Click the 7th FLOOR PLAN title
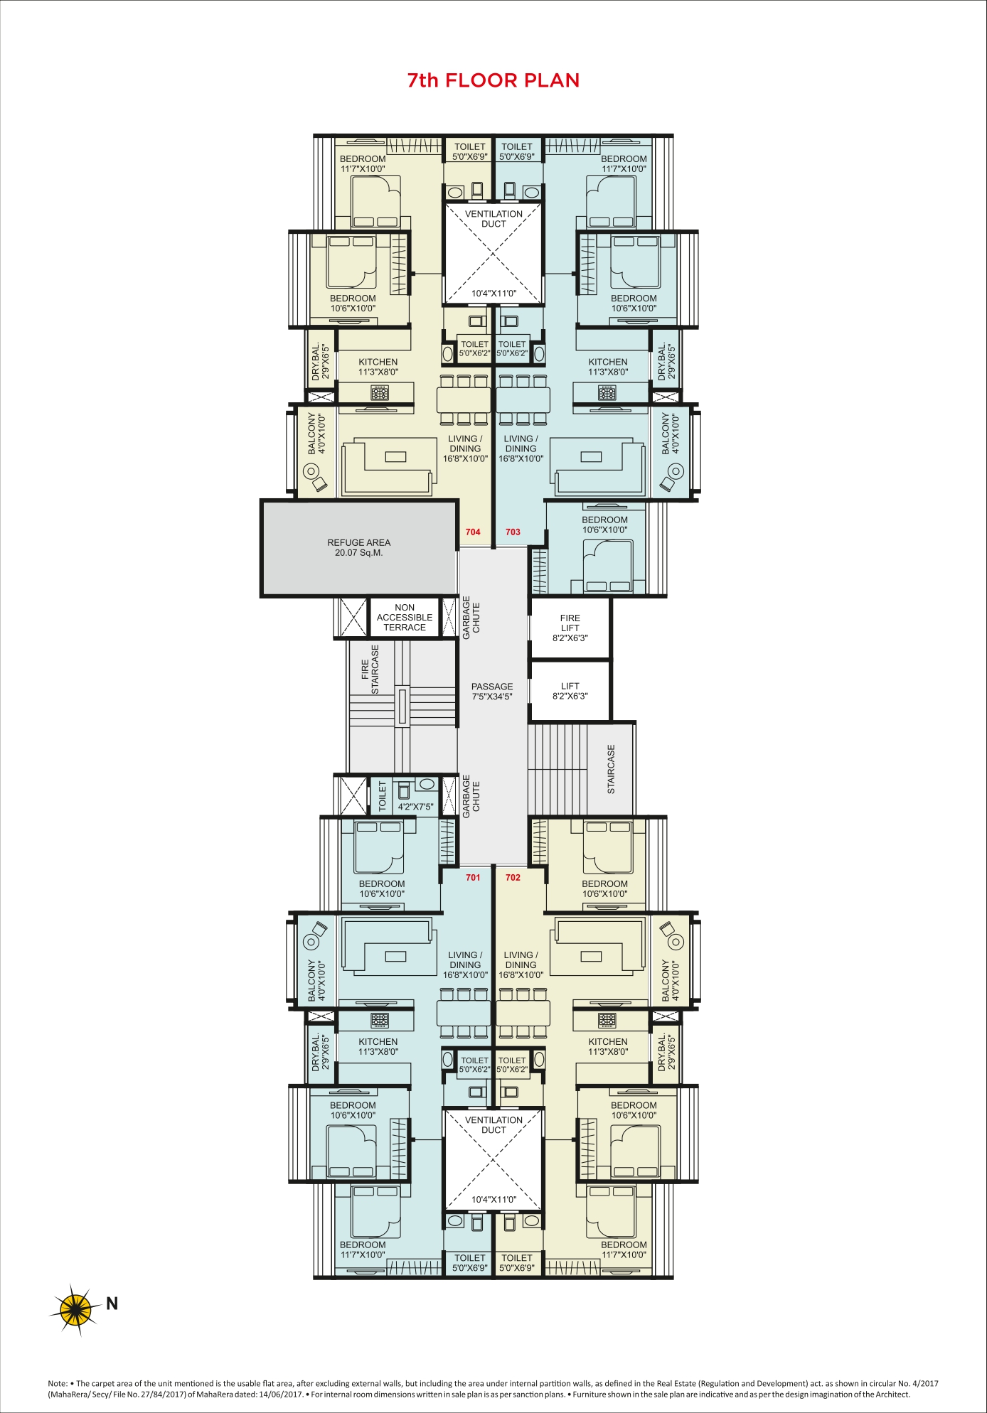pyautogui.click(x=493, y=80)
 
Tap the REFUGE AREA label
pyautogui.click(x=359, y=542)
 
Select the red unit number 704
pyautogui.click(x=473, y=532)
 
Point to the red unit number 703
pyautogui.click(x=513, y=532)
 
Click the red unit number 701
pyautogui.click(x=473, y=877)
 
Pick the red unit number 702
pyautogui.click(x=513, y=877)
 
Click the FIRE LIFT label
pyautogui.click(x=570, y=623)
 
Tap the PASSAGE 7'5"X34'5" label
pyautogui.click(x=492, y=692)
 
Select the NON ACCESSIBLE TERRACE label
pyautogui.click(x=405, y=618)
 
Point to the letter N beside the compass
pyautogui.click(x=112, y=1303)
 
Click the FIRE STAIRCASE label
pyautogui.click(x=370, y=670)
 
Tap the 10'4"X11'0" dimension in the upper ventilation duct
pyautogui.click(x=493, y=293)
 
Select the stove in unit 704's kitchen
pyautogui.click(x=380, y=392)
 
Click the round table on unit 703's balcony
pyautogui.click(x=676, y=471)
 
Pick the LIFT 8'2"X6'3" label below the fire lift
pyautogui.click(x=570, y=691)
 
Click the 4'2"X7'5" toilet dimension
pyautogui.click(x=415, y=807)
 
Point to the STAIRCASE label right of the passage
pyautogui.click(x=611, y=769)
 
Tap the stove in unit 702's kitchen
pyautogui.click(x=607, y=1020)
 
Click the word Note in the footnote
pyautogui.click(x=57, y=1383)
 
